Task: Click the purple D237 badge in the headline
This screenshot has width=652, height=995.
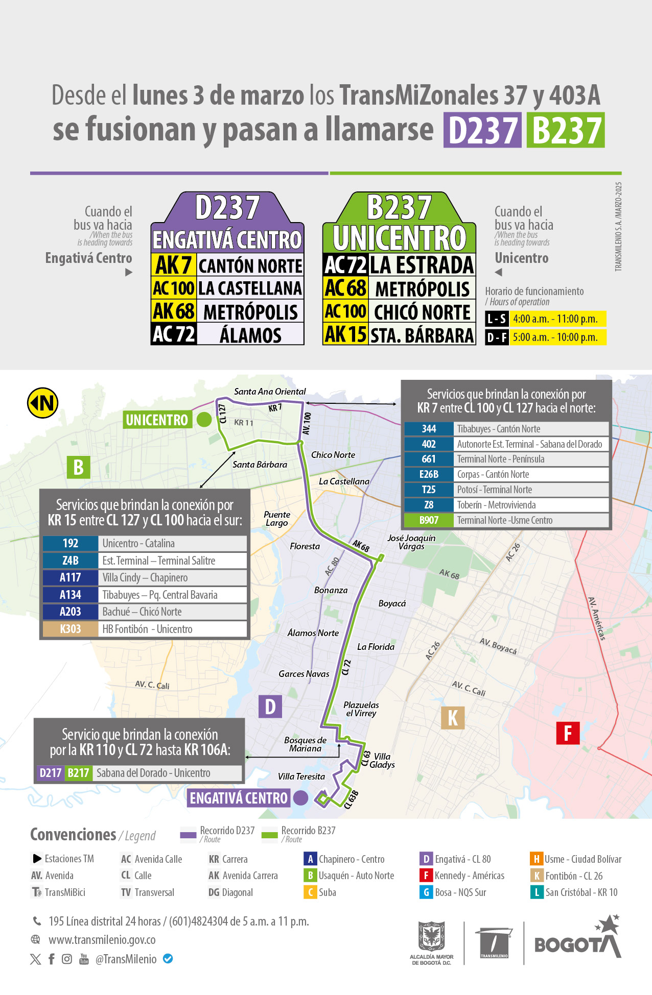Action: pos(482,130)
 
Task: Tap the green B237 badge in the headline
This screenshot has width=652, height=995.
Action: pos(566,130)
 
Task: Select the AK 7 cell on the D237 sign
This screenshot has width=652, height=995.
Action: pos(174,265)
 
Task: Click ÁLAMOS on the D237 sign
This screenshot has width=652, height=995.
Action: pos(250,335)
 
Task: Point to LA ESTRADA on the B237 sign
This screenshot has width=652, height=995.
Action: pos(422,265)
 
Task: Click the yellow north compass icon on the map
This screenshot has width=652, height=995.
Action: pos(43,403)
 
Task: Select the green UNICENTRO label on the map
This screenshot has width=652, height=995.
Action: pos(157,420)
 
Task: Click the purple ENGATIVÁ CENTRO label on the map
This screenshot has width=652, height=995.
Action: pos(239,798)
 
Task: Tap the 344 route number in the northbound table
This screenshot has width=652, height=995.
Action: pos(429,429)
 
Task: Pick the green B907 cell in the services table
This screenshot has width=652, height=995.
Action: pos(429,520)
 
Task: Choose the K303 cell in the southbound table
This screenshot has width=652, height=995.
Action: pos(70,629)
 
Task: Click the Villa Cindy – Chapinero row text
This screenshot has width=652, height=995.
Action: pos(145,577)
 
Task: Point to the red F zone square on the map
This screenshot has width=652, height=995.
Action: pos(568,733)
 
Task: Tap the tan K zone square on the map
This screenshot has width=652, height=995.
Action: pos(453,717)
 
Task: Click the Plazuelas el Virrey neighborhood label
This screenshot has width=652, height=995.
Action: pos(361,709)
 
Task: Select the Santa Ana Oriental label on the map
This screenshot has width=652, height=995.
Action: pos(270,392)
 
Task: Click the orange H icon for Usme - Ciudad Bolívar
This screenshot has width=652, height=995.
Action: pos(536,859)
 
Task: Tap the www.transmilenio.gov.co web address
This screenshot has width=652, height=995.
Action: pos(102,940)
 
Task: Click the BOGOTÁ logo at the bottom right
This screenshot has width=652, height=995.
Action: pos(577,942)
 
